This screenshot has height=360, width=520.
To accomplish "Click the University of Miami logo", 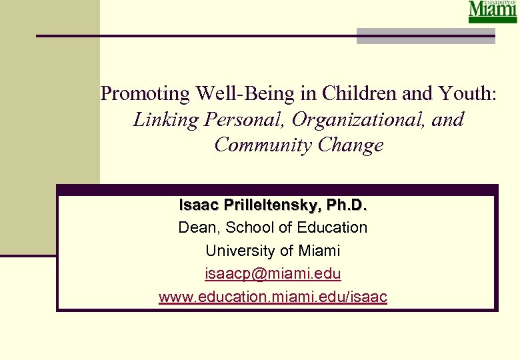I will (x=493, y=12).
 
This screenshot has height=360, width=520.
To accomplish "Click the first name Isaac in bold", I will (x=198, y=204).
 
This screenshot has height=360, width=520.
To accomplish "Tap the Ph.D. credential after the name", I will (x=344, y=204).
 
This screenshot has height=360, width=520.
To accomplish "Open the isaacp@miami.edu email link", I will (x=273, y=274).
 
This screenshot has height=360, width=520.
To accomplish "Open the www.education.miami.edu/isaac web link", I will (x=273, y=297).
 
